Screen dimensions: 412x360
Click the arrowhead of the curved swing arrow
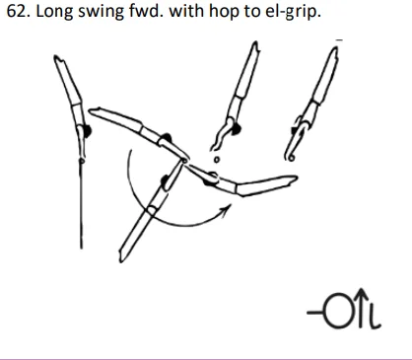(x=228, y=208)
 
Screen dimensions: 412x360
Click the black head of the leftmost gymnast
(x=87, y=128)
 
